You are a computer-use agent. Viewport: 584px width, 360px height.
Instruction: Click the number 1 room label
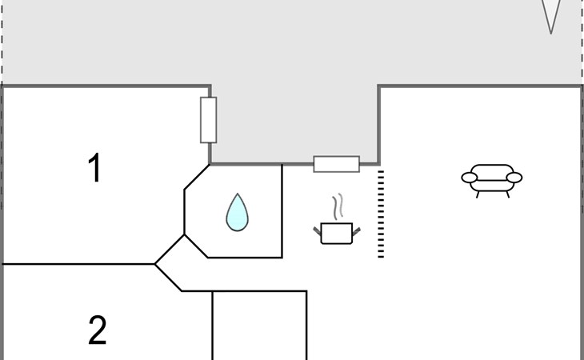pyautogui.click(x=96, y=167)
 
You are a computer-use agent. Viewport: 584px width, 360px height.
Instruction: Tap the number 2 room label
pyautogui.click(x=98, y=330)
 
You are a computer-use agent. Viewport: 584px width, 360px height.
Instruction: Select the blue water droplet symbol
pyautogui.click(x=238, y=212)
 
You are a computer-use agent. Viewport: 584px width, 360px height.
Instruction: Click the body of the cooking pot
pyautogui.click(x=337, y=234)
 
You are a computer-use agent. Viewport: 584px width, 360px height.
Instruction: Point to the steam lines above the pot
pyautogui.click(x=338, y=206)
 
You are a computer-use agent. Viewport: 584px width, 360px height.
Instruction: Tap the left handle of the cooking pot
pyautogui.click(x=317, y=231)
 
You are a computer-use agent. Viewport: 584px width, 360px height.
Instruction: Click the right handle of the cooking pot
pyautogui.click(x=357, y=231)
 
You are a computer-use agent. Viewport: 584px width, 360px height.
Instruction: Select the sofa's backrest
pyautogui.click(x=492, y=172)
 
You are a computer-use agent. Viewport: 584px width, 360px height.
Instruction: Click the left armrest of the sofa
pyautogui.click(x=470, y=178)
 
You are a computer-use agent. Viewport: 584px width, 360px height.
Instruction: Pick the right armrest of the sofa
pyautogui.click(x=514, y=178)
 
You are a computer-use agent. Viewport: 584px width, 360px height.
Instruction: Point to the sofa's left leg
pyautogui.click(x=478, y=194)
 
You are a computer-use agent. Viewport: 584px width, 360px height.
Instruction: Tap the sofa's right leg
pyautogui.click(x=507, y=194)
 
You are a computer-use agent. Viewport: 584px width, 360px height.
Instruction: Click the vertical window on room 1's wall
pyautogui.click(x=209, y=120)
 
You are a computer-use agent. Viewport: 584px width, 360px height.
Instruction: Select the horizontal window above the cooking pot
pyautogui.click(x=337, y=164)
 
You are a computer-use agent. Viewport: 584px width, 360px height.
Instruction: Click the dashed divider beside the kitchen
pyautogui.click(x=381, y=214)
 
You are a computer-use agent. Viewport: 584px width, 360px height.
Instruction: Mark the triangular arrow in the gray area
pyautogui.click(x=551, y=15)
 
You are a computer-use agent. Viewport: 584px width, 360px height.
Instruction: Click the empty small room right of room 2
pyautogui.click(x=259, y=326)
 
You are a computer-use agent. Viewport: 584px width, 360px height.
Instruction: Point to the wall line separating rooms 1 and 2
pyautogui.click(x=78, y=264)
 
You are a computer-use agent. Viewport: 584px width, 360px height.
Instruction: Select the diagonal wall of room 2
pyautogui.click(x=168, y=278)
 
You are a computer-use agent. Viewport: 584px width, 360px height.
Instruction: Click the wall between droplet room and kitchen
pyautogui.click(x=282, y=210)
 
